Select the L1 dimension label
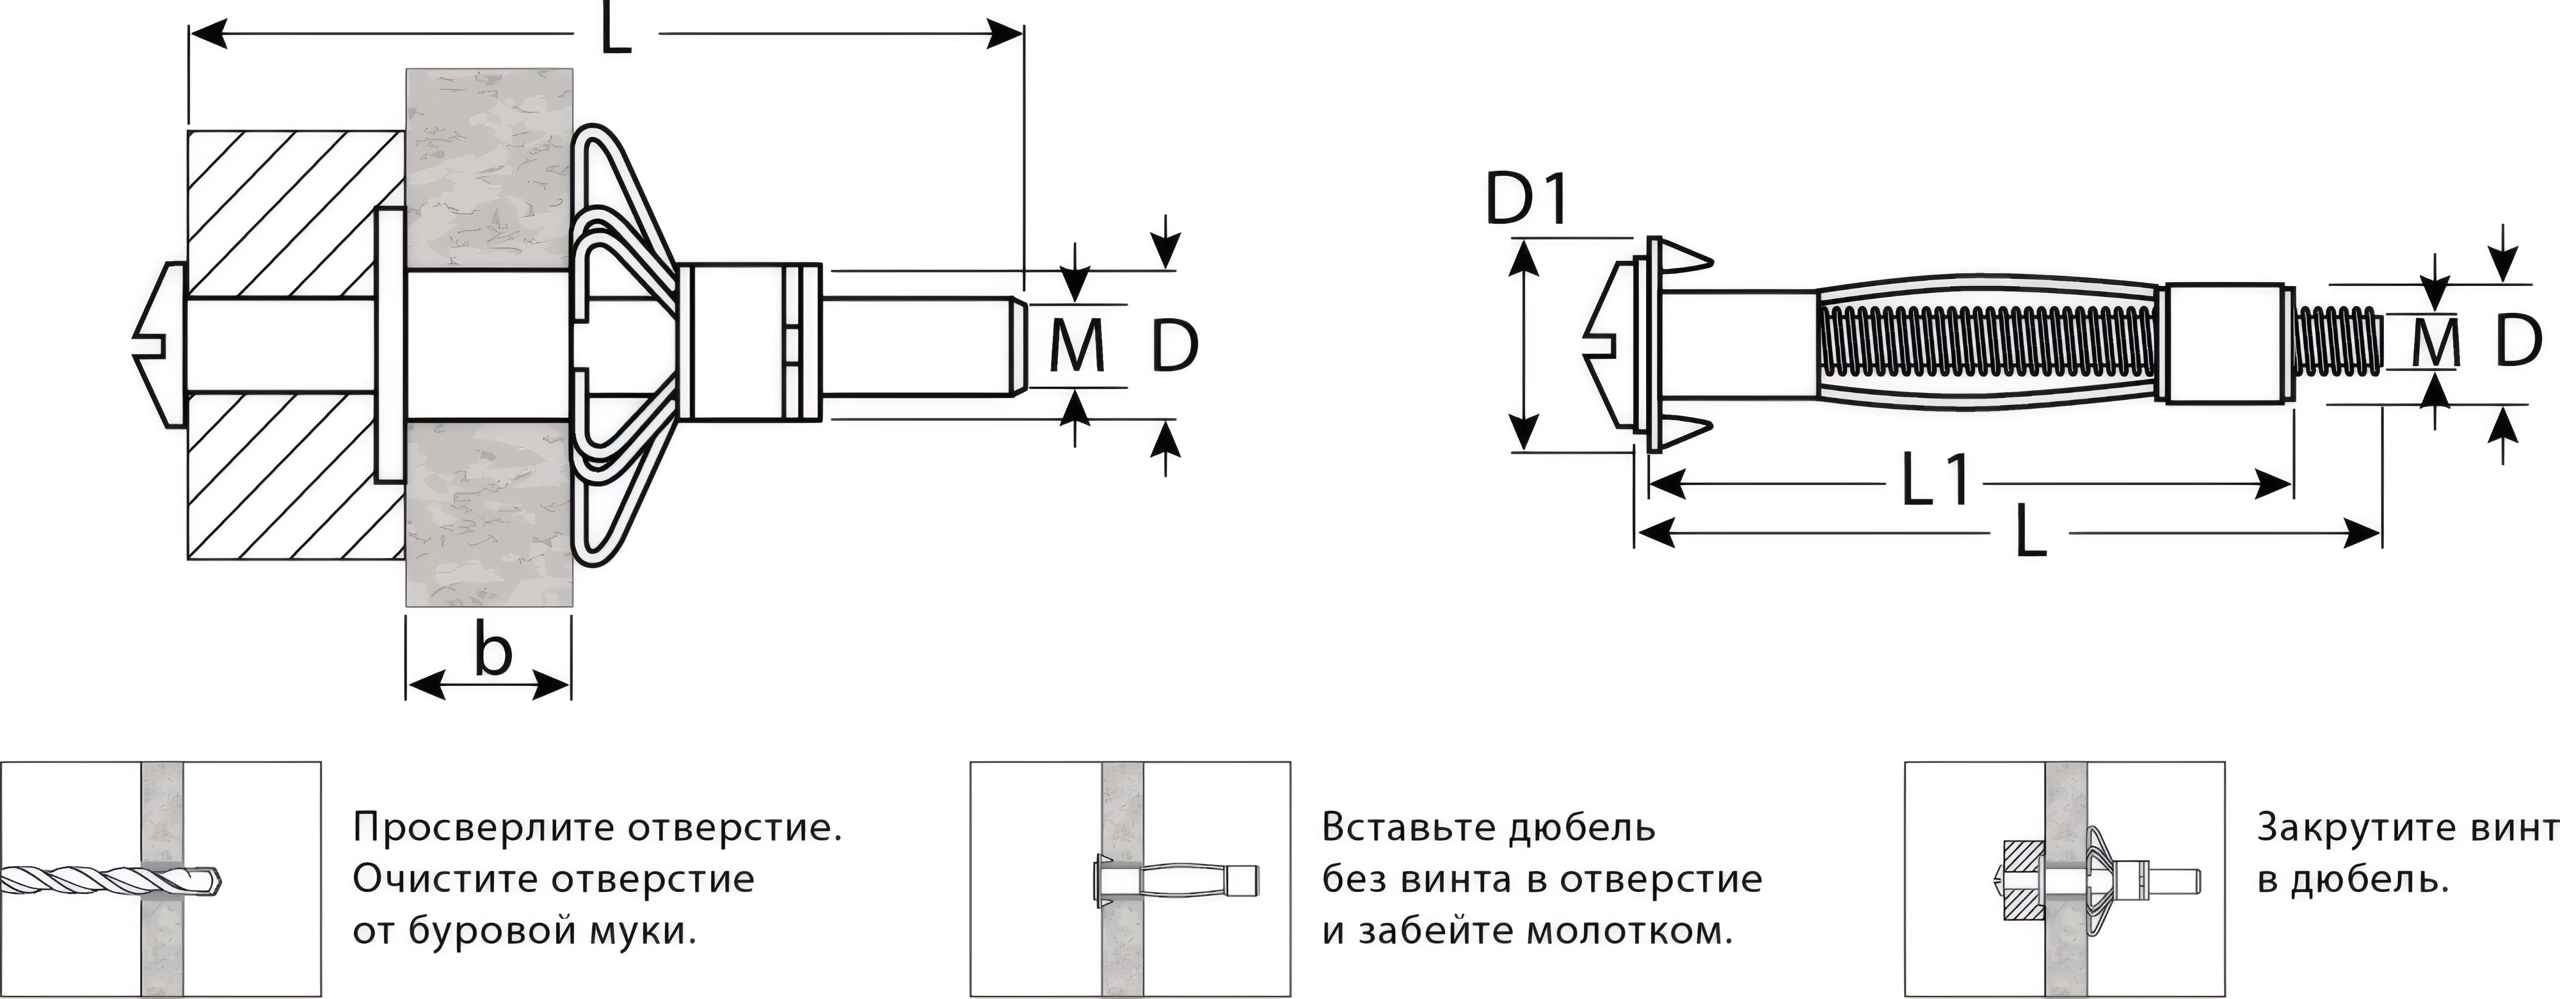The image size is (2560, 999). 1935,483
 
